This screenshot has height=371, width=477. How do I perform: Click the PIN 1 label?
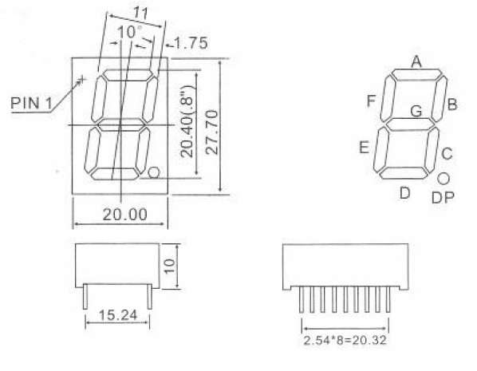[x=31, y=103]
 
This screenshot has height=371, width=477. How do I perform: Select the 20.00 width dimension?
[x=125, y=215]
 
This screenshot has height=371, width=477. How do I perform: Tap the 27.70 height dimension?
[x=212, y=132]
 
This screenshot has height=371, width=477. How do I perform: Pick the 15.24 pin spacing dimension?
[x=118, y=315]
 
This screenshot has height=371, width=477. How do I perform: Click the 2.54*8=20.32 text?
[x=345, y=340]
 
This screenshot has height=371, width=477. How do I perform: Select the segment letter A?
[x=416, y=61]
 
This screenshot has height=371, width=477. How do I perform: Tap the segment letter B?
[x=452, y=105]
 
